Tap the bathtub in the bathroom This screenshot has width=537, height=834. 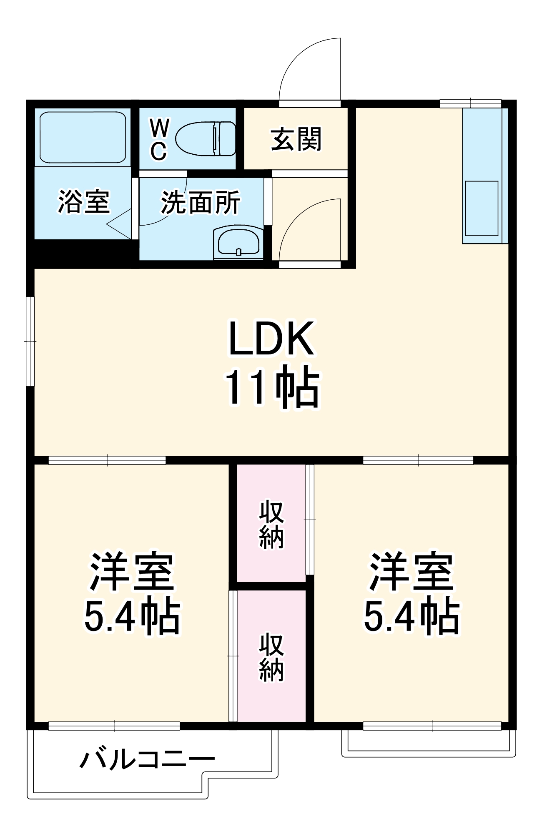pyautogui.click(x=83, y=137)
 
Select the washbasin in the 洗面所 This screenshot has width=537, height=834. pyautogui.click(x=238, y=241)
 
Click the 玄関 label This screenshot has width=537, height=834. pyautogui.click(x=296, y=139)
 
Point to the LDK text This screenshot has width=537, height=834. pyautogui.click(x=271, y=338)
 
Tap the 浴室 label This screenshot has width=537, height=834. pyautogui.click(x=83, y=202)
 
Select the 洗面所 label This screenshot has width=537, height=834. pyautogui.click(x=201, y=203)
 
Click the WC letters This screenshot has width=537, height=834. pyautogui.click(x=159, y=139)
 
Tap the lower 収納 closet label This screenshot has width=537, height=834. pyautogui.click(x=271, y=657)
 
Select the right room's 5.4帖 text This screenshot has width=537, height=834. pyautogui.click(x=412, y=616)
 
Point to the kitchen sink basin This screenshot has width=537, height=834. pyautogui.click(x=482, y=208)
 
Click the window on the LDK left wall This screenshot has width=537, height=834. pyautogui.click(x=30, y=341)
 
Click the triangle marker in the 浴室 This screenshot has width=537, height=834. pyautogui.click(x=121, y=224)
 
